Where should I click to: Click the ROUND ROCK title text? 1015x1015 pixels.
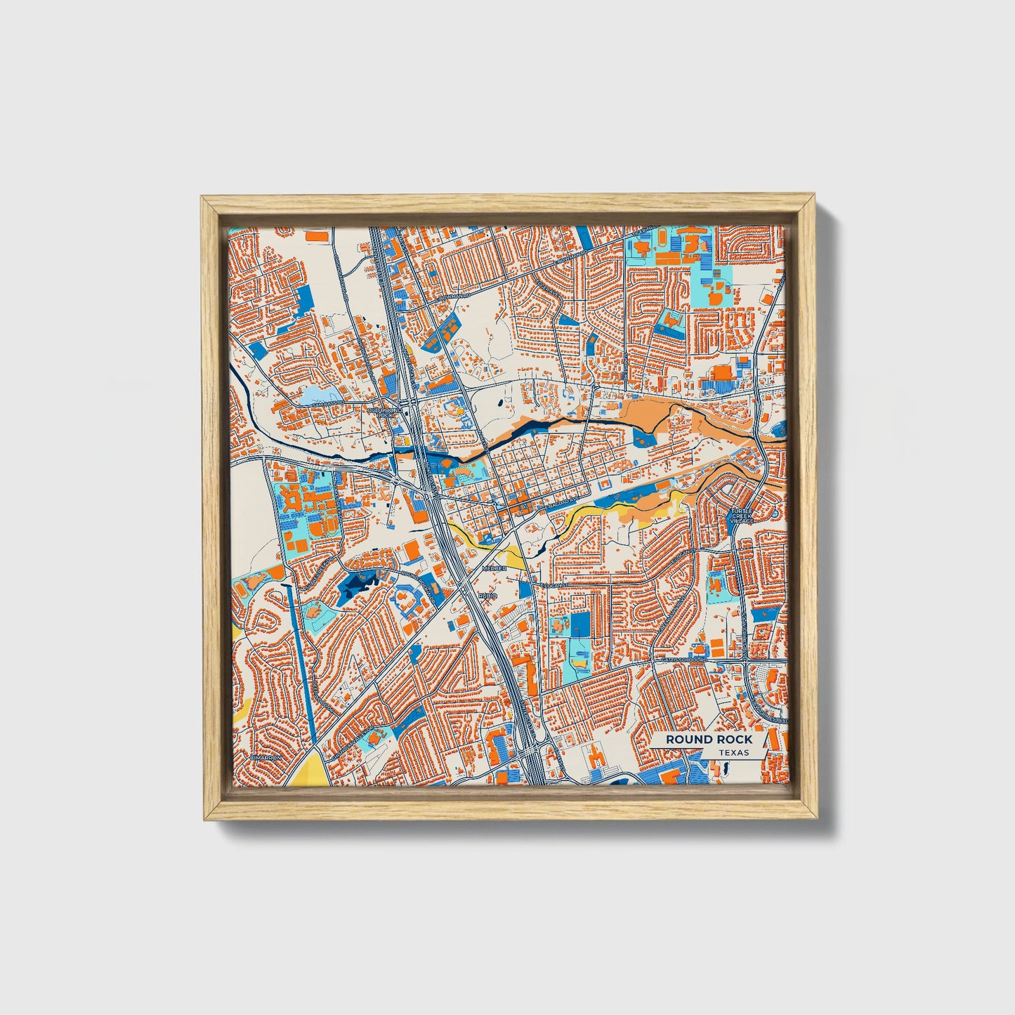tap(709, 739)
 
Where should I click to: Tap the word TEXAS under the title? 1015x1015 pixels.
tap(733, 752)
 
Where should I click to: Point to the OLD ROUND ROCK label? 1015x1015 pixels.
tap(386, 412)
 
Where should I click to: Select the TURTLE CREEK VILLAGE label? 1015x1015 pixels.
tap(741, 516)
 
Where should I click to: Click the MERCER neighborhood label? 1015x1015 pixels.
tap(494, 568)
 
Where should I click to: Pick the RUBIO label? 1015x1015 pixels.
tap(487, 595)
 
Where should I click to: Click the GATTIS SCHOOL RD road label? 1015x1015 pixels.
tap(681, 660)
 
